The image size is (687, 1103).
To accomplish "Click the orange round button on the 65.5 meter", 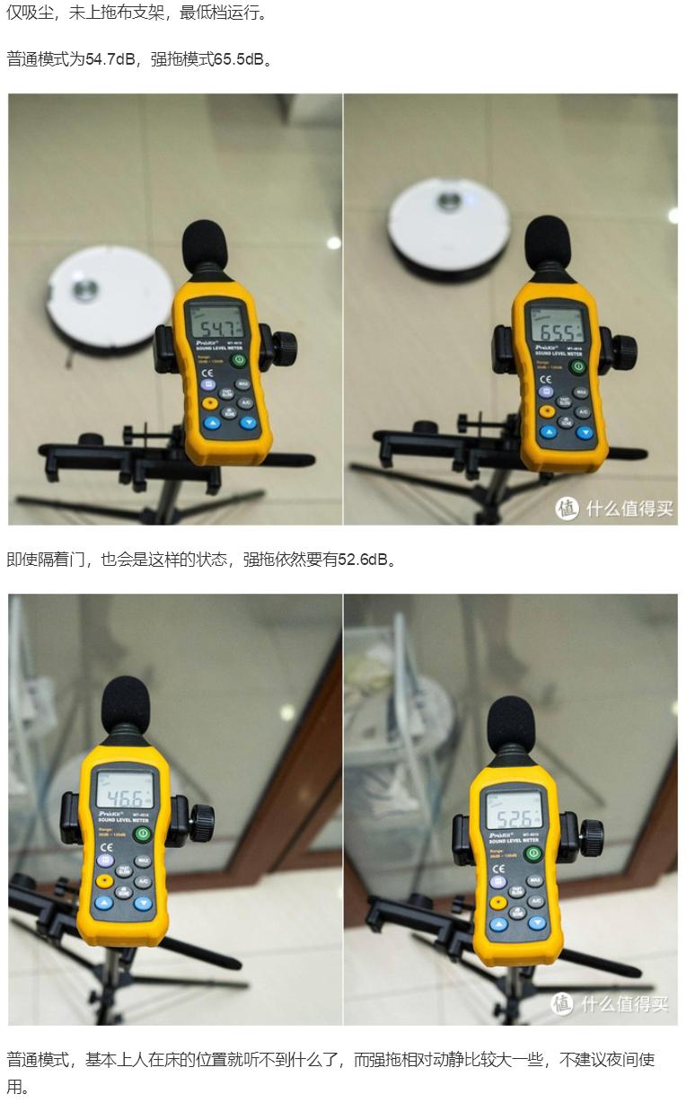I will (x=546, y=410).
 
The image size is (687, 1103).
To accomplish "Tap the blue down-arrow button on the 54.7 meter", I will (x=247, y=422).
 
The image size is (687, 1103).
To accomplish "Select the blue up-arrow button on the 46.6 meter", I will (x=104, y=902).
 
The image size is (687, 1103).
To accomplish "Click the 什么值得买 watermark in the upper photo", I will (x=615, y=508).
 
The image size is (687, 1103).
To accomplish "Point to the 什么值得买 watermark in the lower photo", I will (x=611, y=1003).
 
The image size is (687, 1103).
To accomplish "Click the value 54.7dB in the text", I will (x=111, y=59).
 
